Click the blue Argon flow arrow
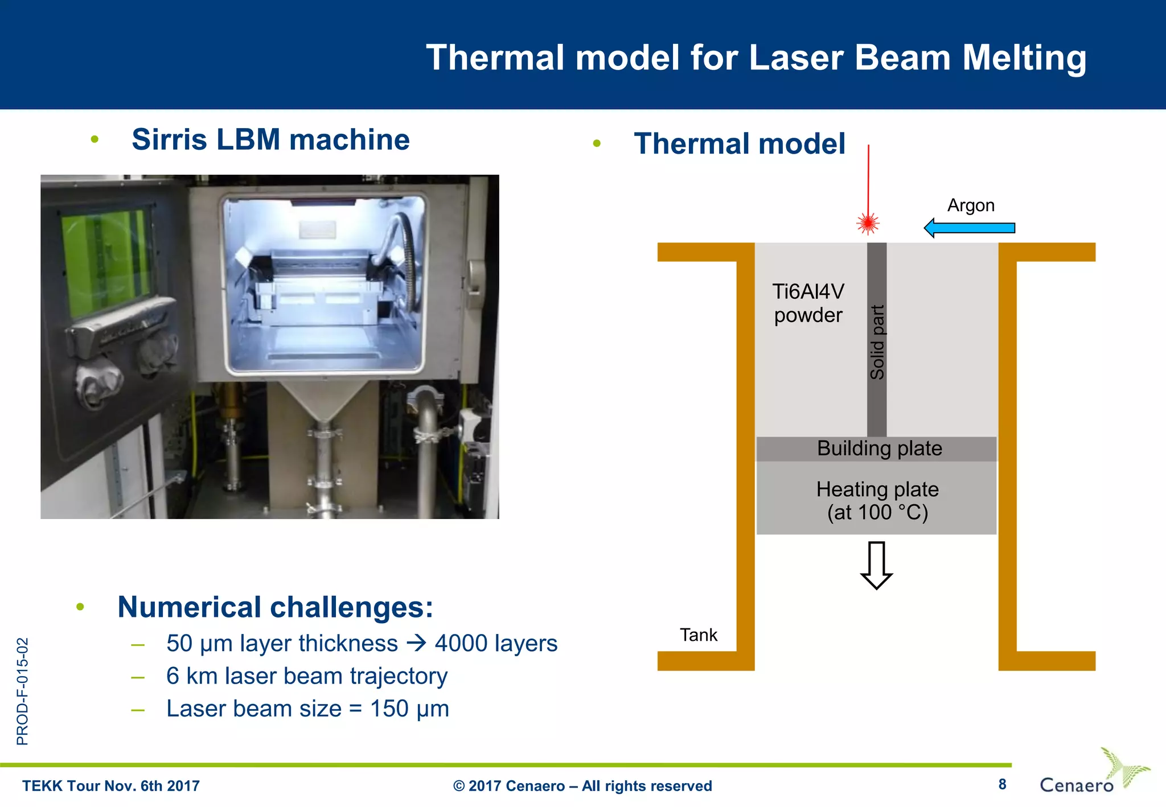coord(969,228)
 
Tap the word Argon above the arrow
coord(971,205)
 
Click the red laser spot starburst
coord(868,223)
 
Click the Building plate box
coord(877,448)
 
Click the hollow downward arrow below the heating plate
coord(876,565)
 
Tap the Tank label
coord(699,635)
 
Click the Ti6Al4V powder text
coord(808,303)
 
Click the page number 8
coord(1002,784)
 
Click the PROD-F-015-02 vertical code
coord(22,691)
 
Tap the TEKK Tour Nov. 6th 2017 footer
coord(111,786)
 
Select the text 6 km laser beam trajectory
coord(307,676)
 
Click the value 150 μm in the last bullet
coord(409,709)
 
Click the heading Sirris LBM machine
coord(270,139)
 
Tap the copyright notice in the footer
coord(582,786)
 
